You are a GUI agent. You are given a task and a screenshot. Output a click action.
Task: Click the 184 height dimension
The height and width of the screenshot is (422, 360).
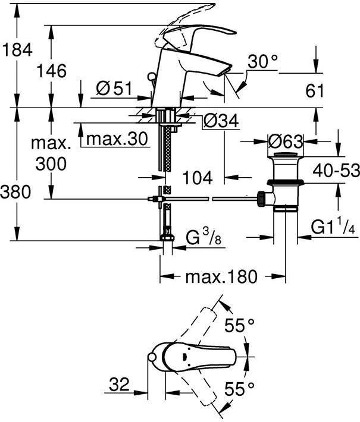17,49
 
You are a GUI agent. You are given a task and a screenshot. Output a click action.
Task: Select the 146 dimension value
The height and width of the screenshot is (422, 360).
51,71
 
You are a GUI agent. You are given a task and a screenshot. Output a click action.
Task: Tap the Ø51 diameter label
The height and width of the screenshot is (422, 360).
114,89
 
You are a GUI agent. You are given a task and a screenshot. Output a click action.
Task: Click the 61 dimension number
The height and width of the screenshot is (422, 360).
314,90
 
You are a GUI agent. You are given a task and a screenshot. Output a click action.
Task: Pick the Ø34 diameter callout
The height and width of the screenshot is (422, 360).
221,120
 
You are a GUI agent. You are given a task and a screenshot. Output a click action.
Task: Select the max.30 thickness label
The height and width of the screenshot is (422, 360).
117,138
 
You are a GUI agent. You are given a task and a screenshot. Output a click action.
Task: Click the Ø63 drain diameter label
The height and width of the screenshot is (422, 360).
286,141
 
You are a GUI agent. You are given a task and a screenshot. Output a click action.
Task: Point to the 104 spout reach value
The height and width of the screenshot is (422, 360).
198,178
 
